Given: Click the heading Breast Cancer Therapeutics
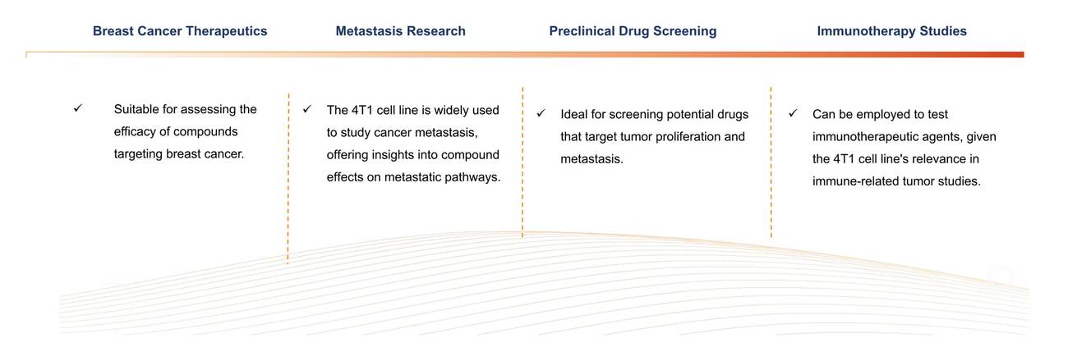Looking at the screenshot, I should [180, 31].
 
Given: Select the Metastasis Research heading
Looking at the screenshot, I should [400, 31].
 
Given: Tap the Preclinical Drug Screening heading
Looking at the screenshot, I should [633, 31].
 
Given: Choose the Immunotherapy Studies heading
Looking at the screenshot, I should [891, 31].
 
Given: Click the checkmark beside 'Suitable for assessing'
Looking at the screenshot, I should [77, 108].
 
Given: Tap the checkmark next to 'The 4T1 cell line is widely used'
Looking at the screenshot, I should [307, 109].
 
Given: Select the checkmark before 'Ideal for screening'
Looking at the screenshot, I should [541, 113].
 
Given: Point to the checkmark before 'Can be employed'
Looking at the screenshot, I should [793, 113].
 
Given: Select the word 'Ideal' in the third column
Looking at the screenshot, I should [574, 114].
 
